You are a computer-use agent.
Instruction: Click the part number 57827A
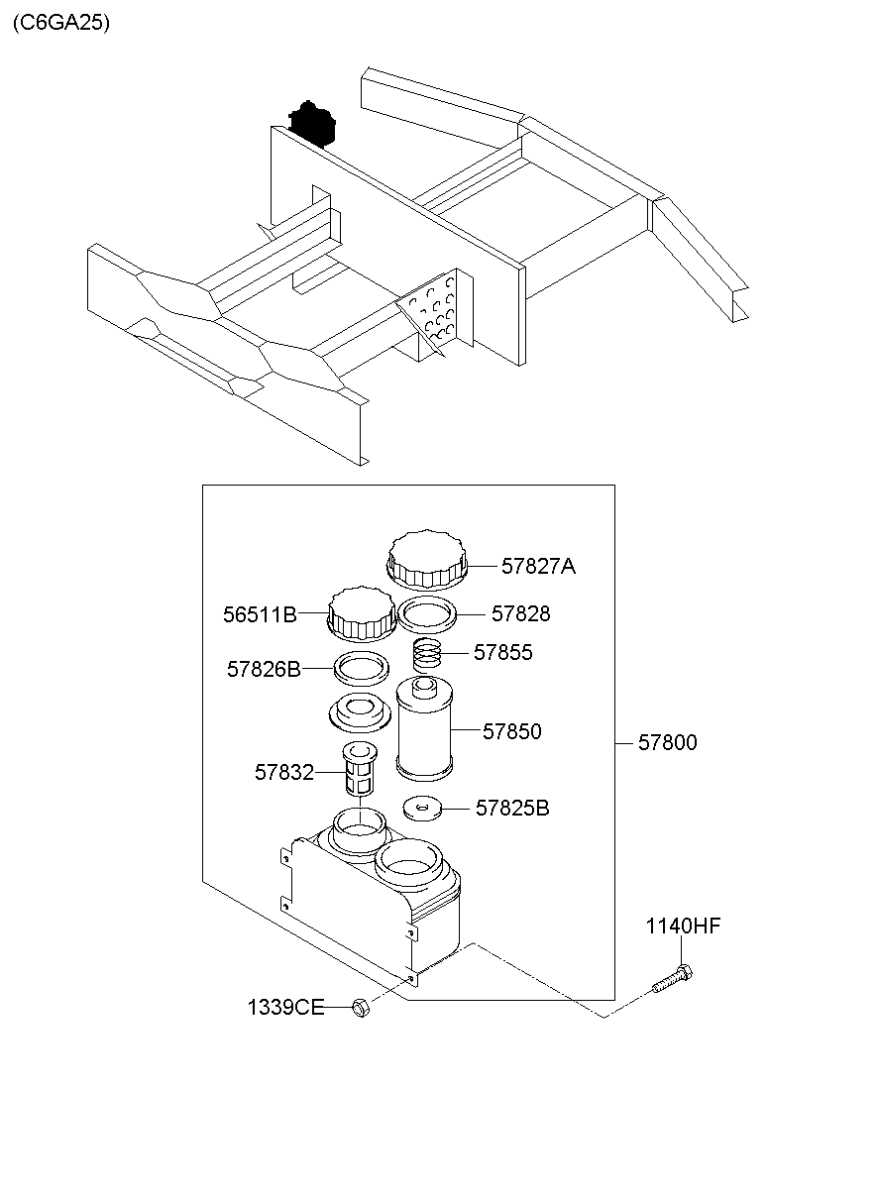coord(538,566)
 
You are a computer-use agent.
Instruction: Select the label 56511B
coord(260,614)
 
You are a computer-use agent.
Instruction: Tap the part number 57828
coord(520,614)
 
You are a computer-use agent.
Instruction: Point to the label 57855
coord(503,652)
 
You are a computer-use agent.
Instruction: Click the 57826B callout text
coord(264,669)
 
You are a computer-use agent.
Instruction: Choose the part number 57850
coord(512,731)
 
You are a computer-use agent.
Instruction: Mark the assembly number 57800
coord(668,742)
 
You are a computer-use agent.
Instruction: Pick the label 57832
coord(284,773)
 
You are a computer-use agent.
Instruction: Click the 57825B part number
coord(512,809)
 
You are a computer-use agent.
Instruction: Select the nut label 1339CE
coord(285,1008)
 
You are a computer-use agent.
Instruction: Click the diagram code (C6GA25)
coord(61,23)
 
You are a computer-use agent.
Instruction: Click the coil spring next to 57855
coord(427,655)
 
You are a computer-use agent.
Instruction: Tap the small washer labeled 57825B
coord(422,808)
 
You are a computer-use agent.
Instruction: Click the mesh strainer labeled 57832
coord(359,769)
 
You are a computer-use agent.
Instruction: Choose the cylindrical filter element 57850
coord(424,727)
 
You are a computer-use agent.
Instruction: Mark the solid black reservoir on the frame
coord(312,123)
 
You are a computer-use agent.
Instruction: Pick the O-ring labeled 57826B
coord(362,669)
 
